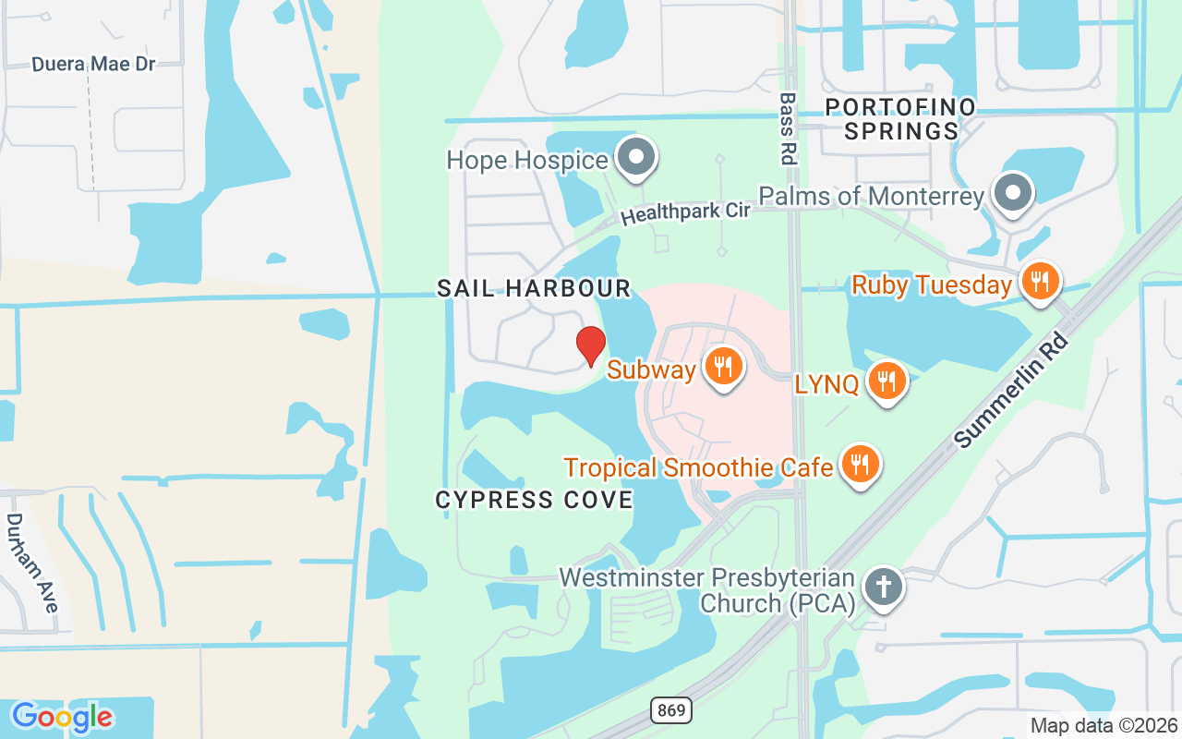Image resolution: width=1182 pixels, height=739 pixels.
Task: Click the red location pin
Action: [x=591, y=345]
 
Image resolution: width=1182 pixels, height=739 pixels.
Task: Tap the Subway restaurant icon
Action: [x=724, y=367]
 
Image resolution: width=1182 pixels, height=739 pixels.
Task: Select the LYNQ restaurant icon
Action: [x=886, y=380]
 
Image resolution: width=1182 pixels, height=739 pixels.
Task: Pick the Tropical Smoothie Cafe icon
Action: [x=860, y=465]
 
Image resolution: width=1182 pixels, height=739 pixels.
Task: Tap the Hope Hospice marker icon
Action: [x=635, y=157]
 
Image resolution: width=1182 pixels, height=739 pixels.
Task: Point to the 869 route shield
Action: [x=672, y=710]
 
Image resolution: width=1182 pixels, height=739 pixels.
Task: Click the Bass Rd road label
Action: [x=788, y=127]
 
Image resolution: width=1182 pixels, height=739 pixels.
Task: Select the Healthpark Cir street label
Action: [x=684, y=213]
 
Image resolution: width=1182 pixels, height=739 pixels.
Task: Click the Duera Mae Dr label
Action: [x=93, y=65]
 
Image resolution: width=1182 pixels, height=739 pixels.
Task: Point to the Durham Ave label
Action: [x=32, y=563]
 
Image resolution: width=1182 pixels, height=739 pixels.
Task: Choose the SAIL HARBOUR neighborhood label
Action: [x=534, y=289]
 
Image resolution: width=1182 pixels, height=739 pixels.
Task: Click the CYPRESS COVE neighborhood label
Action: [x=534, y=501]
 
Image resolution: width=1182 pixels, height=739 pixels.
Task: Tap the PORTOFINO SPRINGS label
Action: [x=900, y=119]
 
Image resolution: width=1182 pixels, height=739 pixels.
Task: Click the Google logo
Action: [x=62, y=717]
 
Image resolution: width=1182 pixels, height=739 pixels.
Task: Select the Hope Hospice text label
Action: [x=527, y=160]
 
